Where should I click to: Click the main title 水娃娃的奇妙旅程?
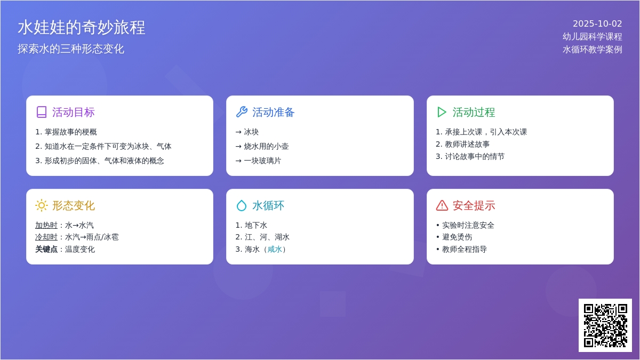point(82,28)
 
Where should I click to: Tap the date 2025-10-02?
point(597,23)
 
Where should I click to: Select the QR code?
point(605,325)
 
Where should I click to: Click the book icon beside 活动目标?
point(42,112)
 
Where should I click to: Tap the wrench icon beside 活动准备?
point(242,112)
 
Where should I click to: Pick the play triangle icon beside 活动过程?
point(442,112)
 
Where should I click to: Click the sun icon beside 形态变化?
point(42,205)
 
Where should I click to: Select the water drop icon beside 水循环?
point(242,205)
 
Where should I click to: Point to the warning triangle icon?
point(442,205)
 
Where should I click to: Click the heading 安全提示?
point(474,206)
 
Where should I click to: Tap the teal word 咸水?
point(275,250)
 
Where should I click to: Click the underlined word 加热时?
point(46,226)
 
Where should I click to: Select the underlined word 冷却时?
point(46,237)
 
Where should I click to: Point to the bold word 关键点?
point(46,250)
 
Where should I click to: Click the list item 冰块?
point(247,132)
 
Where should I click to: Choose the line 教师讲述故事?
point(462,145)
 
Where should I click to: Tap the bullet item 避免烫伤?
point(454,237)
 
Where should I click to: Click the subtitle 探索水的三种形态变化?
point(71,49)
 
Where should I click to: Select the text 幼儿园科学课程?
point(593,37)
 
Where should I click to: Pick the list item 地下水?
point(251,226)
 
